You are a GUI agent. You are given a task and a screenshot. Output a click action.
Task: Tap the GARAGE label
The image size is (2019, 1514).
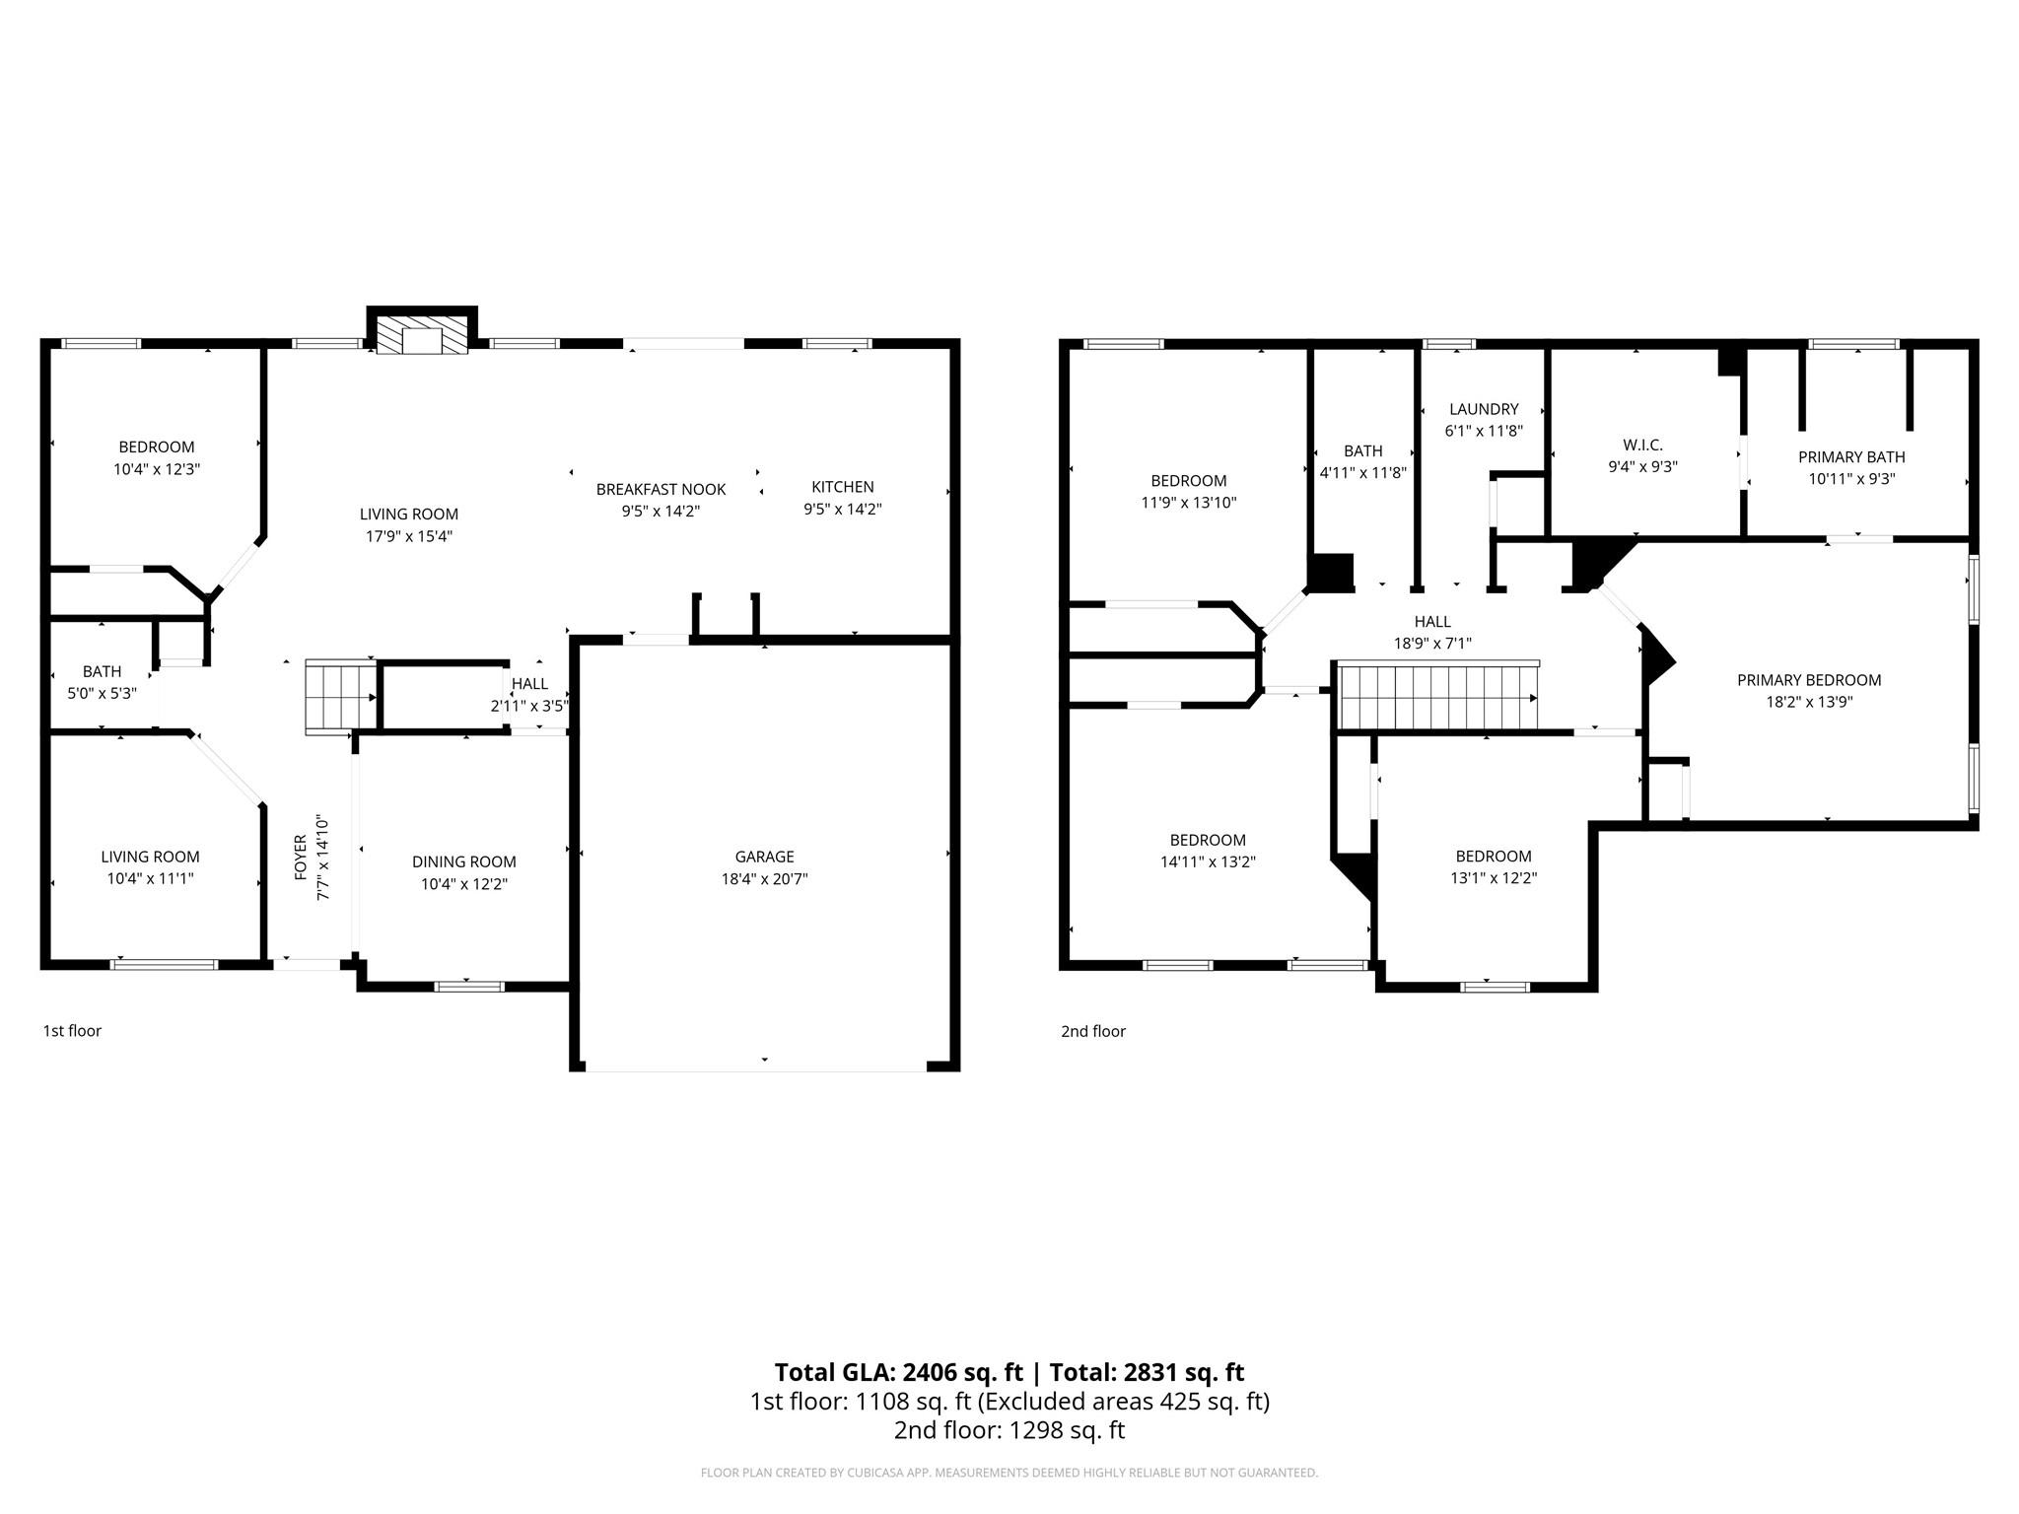(x=764, y=857)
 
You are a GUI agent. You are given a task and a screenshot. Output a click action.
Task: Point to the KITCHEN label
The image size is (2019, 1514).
(x=842, y=487)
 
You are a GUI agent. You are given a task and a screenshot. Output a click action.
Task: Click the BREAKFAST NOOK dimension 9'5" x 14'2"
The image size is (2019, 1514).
(x=661, y=512)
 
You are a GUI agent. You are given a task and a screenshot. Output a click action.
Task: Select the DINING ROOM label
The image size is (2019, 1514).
(x=463, y=861)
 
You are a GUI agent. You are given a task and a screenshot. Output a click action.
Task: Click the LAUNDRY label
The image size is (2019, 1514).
(x=1483, y=409)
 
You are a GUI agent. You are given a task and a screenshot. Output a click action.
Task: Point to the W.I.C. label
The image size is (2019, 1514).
(x=1641, y=446)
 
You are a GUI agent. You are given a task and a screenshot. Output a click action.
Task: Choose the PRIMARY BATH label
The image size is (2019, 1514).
(x=1850, y=457)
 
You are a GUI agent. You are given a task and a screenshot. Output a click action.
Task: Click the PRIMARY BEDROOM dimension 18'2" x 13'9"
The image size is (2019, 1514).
(x=1808, y=703)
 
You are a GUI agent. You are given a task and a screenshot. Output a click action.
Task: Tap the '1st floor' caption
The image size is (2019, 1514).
(x=72, y=1031)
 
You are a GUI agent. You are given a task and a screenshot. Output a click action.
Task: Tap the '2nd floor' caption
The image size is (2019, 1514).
(x=1092, y=1031)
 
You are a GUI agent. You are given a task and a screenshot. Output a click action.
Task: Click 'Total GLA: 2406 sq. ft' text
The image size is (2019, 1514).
(x=898, y=1372)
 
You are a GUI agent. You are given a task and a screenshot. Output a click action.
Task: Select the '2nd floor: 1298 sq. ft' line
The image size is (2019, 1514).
(x=1009, y=1430)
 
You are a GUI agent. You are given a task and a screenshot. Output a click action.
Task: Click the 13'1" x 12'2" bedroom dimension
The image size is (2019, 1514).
(x=1493, y=878)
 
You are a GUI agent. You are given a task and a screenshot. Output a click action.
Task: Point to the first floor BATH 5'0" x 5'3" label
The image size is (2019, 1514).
(x=102, y=682)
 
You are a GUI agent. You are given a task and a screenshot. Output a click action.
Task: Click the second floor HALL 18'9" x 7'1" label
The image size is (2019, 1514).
(x=1431, y=632)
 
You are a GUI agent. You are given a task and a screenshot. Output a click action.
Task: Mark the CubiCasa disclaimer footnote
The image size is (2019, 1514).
(x=1009, y=1473)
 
